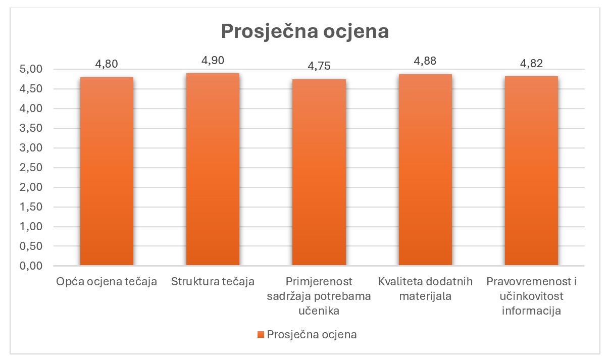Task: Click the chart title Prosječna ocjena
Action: point(304,31)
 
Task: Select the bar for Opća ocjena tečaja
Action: point(107,172)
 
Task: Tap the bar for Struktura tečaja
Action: point(213,169)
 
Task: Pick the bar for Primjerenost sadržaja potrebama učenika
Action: point(319,172)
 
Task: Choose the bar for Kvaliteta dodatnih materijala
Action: point(425,170)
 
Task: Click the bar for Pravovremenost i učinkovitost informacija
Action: point(531,171)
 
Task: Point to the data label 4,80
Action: point(107,64)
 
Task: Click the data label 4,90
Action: point(213,60)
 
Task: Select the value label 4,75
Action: point(319,66)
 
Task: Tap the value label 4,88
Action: point(425,61)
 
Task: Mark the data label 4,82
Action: point(531,63)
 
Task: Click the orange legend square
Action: point(261,335)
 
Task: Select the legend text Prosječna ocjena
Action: point(312,335)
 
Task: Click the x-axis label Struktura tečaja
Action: point(213,281)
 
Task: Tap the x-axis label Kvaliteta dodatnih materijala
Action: point(425,288)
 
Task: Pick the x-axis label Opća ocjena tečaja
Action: point(107,281)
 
